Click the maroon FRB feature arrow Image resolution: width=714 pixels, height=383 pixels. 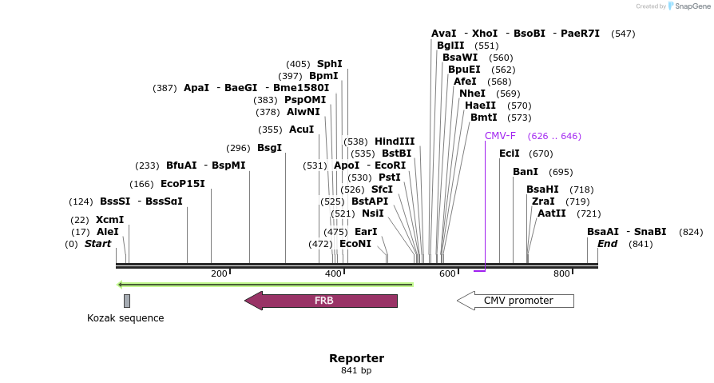coord(321,301)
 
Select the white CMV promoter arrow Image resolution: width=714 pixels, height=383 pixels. coord(516,301)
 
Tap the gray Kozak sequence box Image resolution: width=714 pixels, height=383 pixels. coord(127,301)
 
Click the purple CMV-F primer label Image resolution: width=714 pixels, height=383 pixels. coord(500,136)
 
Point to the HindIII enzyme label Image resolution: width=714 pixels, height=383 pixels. coord(395,142)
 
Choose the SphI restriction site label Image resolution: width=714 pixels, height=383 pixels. coord(329,64)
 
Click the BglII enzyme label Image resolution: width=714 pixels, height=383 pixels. coord(450,46)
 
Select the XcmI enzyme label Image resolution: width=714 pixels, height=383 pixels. coord(109,220)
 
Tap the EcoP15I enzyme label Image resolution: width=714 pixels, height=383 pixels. coord(183,184)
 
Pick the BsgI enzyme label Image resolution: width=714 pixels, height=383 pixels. coord(269,148)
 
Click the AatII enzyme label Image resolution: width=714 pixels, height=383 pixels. coord(551,213)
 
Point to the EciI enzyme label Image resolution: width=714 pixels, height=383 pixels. coord(509,154)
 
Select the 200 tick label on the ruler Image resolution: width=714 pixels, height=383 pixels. coord(219,274)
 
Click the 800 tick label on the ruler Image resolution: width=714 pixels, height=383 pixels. coord(561,274)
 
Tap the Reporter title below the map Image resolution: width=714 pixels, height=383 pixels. coord(356,358)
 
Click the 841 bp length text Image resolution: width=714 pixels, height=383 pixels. coord(356,371)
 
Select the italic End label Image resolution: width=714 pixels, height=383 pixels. coord(607,244)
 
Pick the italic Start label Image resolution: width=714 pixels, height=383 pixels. coord(98,244)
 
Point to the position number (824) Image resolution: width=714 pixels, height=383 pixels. coord(691,232)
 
